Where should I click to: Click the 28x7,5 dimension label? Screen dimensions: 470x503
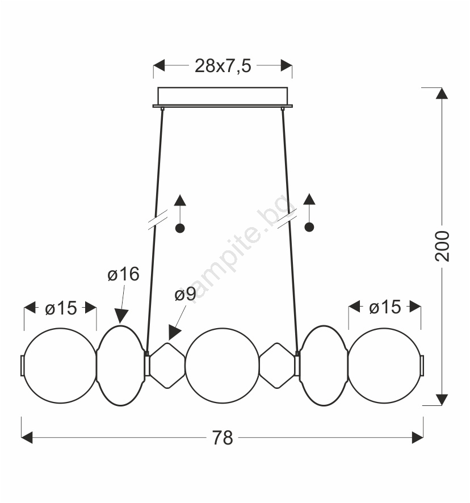[x=223, y=66]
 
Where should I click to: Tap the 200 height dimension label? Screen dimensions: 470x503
[x=442, y=246]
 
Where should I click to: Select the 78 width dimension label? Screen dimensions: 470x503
[x=223, y=438]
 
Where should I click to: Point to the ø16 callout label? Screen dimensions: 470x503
[x=124, y=274]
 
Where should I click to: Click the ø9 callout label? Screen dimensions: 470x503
[x=186, y=295]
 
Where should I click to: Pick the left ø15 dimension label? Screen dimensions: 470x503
[x=61, y=308]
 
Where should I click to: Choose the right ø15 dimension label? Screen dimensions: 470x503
[x=385, y=307]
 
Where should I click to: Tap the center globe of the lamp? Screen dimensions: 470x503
[x=223, y=366]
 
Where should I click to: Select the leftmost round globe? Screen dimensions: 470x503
[x=60, y=366]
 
